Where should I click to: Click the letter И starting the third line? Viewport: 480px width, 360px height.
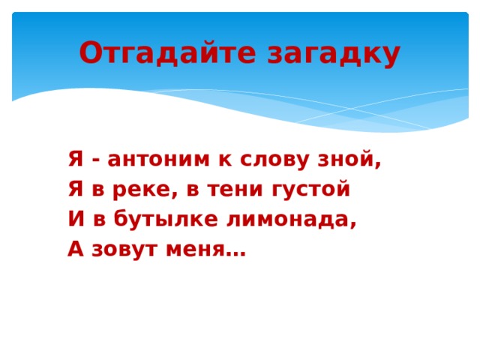click(75, 220)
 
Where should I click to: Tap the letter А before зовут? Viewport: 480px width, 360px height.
click(74, 250)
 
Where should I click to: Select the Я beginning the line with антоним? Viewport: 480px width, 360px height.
click(74, 159)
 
